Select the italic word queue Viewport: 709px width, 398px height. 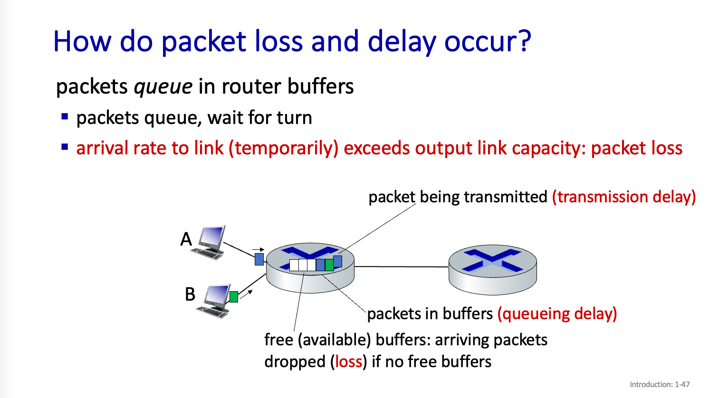tap(163, 87)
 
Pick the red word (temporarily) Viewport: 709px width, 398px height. tap(283, 149)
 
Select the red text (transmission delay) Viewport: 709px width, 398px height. tap(623, 197)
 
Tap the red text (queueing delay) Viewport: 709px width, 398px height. tap(557, 314)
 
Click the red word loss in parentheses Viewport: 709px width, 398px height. tap(349, 362)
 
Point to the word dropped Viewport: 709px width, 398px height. tap(295, 362)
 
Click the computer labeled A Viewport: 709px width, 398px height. tap(210, 242)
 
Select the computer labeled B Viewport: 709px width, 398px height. tap(214, 302)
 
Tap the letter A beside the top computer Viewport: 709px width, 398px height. tap(186, 239)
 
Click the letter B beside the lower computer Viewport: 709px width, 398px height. tap(190, 294)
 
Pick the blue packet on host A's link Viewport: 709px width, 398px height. tap(259, 259)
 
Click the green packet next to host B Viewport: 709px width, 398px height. tap(233, 297)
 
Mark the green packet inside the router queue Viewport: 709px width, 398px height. tap(329, 265)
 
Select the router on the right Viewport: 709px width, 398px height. tap(492, 268)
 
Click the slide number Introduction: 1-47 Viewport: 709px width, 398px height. tap(660, 384)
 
